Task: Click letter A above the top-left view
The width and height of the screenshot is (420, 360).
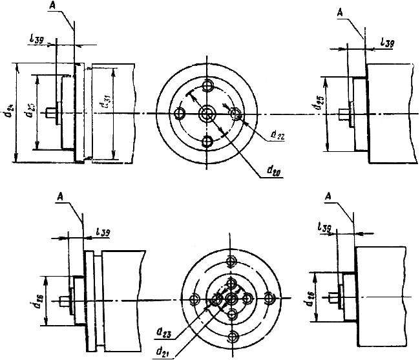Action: tap(52, 4)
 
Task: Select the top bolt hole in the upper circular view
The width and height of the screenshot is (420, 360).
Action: tap(207, 86)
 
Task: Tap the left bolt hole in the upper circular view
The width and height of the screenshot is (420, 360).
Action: tap(180, 114)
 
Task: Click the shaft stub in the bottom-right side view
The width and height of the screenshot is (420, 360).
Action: tap(333, 298)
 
